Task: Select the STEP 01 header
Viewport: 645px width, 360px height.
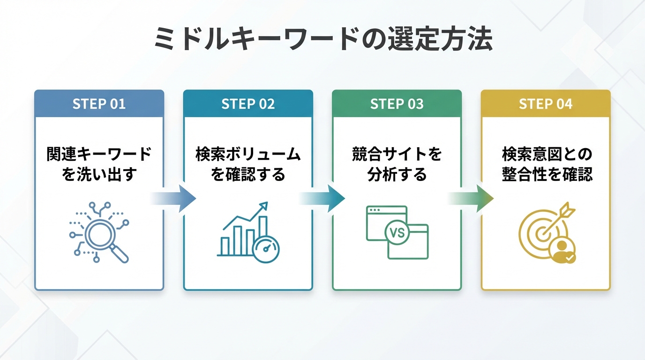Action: tap(99, 104)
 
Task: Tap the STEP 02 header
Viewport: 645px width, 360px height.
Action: tap(248, 104)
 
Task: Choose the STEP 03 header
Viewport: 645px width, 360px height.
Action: tap(397, 104)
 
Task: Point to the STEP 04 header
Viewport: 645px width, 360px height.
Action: tap(546, 104)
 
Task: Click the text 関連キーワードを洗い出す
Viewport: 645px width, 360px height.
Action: tap(99, 164)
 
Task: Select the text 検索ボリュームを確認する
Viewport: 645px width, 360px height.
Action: tap(248, 164)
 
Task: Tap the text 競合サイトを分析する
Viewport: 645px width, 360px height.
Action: tap(397, 164)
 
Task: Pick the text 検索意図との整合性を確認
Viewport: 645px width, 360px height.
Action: tap(546, 164)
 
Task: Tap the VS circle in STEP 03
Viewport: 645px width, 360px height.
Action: tap(397, 233)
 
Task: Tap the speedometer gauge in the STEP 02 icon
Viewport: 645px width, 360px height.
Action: tap(266, 248)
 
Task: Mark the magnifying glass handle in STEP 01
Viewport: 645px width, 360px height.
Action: tap(121, 255)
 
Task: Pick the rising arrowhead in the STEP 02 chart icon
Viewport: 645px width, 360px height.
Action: tap(264, 206)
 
